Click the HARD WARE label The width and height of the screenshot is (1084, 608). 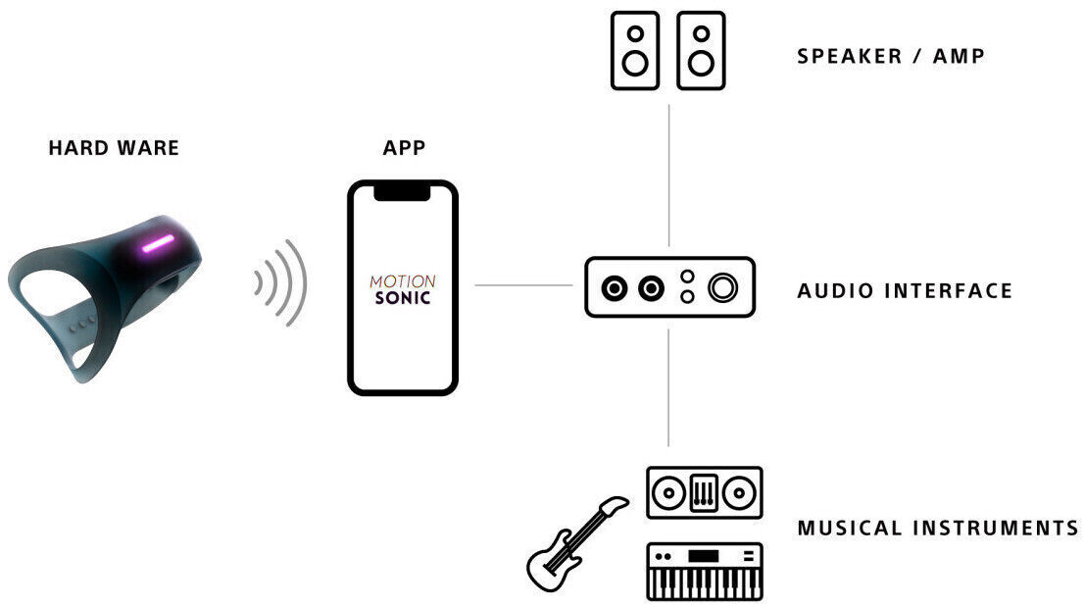point(114,148)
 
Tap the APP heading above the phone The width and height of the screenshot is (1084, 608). point(404,148)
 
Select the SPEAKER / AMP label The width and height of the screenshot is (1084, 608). point(890,55)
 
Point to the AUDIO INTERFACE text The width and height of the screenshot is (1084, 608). point(904,290)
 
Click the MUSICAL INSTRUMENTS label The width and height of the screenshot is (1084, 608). point(937,528)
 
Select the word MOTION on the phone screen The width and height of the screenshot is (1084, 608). point(402,281)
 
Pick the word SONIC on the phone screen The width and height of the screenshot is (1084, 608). point(402,297)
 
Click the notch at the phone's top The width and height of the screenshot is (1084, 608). point(402,191)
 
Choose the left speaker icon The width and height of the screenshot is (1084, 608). point(635,51)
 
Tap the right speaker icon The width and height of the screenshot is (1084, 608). point(701,51)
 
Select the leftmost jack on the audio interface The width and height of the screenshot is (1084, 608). point(615,288)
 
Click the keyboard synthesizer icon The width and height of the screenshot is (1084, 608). point(704,571)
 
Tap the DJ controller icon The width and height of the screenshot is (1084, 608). point(704,492)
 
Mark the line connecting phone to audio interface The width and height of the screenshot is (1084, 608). point(523,285)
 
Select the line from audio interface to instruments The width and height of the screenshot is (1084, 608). point(668,387)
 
